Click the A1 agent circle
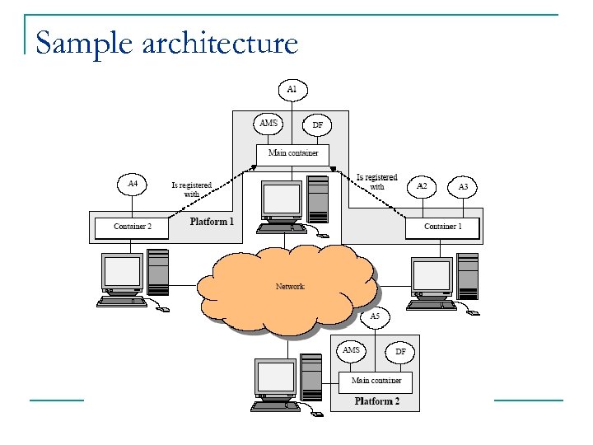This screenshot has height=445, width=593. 292,88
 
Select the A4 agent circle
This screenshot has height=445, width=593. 133,184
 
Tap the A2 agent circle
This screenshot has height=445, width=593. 422,186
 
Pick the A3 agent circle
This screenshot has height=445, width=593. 463,187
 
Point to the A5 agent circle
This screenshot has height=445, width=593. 375,316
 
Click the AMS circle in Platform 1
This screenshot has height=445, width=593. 269,124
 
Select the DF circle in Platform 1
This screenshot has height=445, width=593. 317,125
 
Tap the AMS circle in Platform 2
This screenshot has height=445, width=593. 351,351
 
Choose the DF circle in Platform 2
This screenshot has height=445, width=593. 400,352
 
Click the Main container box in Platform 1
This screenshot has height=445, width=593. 292,153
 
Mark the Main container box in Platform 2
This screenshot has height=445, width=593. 376,382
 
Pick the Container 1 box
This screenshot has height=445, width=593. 442,227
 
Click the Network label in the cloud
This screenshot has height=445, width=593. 290,286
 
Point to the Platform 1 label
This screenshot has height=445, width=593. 212,222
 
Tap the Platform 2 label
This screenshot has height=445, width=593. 376,401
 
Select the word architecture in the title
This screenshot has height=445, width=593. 220,42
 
